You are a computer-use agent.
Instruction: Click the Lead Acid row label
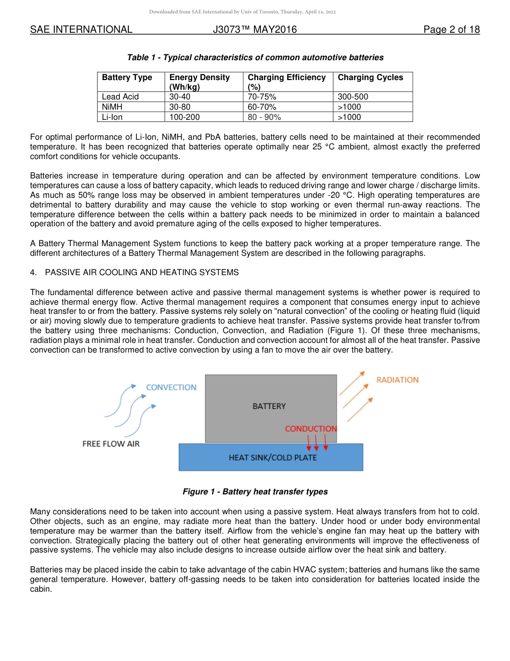click(x=120, y=97)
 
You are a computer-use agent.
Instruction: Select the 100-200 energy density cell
click(x=185, y=117)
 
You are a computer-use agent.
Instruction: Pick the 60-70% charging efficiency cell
click(x=262, y=107)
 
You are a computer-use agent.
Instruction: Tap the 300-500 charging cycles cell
click(x=353, y=97)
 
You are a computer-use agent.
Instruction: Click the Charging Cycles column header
click(x=370, y=77)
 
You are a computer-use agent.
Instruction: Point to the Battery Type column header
click(x=127, y=77)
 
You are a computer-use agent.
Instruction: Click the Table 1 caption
click(x=255, y=58)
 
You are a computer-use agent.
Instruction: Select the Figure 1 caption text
click(x=255, y=492)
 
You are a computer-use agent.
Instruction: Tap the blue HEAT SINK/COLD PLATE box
click(x=271, y=457)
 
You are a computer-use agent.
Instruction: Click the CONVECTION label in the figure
click(x=171, y=387)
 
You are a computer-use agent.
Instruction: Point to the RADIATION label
click(x=397, y=380)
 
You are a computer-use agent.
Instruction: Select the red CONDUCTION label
click(x=310, y=429)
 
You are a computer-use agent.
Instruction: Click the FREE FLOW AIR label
click(x=111, y=444)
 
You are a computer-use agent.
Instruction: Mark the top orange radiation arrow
click(x=352, y=383)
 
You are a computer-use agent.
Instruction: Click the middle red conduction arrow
click(x=316, y=443)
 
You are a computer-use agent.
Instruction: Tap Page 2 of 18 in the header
click(x=451, y=30)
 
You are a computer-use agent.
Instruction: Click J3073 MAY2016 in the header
click(x=254, y=30)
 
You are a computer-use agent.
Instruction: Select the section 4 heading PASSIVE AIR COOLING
click(x=142, y=272)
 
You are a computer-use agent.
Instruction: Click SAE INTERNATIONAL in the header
click(x=81, y=30)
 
